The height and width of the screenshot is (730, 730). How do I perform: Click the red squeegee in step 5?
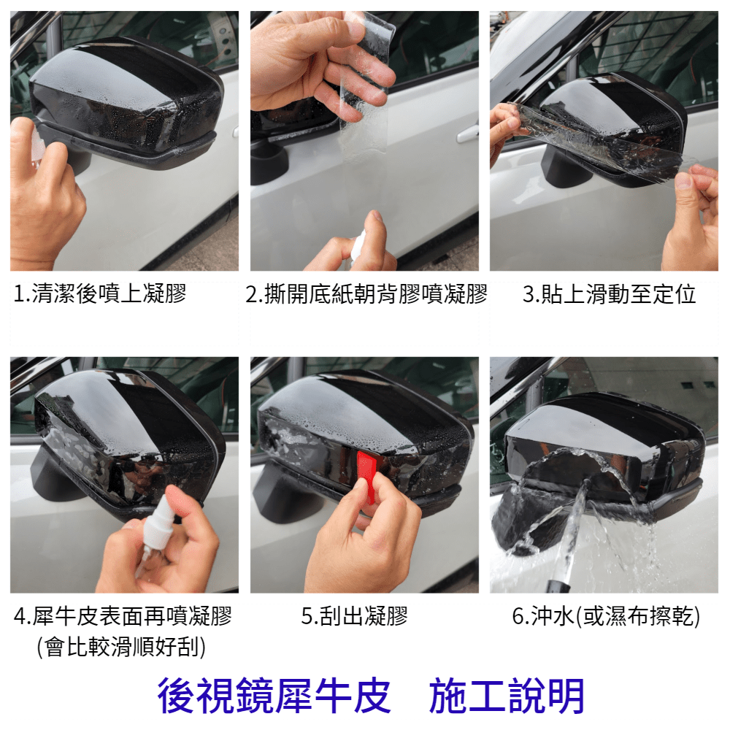366,475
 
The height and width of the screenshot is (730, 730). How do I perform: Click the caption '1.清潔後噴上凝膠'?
99,293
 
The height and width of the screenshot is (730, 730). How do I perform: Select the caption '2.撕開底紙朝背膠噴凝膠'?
366,293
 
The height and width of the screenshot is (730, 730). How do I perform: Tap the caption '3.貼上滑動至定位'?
609,293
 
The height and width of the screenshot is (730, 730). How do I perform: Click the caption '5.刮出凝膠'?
354,616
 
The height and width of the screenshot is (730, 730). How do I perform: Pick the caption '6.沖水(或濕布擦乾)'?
606,616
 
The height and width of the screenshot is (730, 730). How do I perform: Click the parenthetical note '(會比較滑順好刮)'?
121,647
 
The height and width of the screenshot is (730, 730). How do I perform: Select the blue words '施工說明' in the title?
507,696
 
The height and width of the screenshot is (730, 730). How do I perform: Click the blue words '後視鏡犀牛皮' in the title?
274,696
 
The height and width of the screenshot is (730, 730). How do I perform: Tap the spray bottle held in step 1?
36,145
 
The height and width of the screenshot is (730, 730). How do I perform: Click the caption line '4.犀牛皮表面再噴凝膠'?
123,616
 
